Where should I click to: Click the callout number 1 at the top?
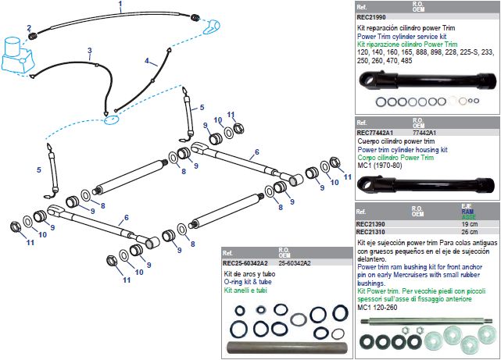tap(120, 5)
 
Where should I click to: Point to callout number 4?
tap(147, 60)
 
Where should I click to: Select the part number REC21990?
tap(370, 17)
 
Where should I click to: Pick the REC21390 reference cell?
tap(370, 224)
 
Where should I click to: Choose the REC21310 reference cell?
tap(370, 232)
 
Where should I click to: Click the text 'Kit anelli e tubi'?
tap(245, 290)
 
